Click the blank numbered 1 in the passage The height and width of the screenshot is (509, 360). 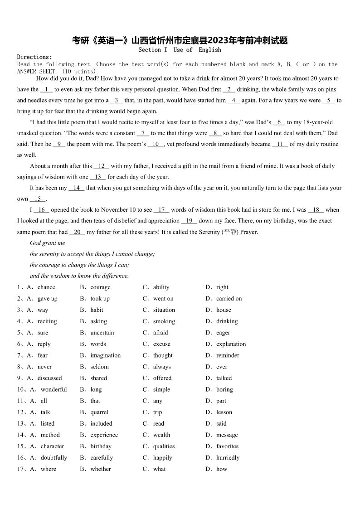46,90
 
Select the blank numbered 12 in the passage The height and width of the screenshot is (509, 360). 101,166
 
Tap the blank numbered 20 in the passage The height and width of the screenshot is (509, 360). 77,232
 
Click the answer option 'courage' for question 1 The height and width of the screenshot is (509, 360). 100,287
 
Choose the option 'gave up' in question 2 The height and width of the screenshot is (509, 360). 48,299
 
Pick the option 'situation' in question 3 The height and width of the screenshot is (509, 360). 164,310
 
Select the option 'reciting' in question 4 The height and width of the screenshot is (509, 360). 47,321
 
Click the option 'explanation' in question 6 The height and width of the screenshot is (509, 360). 231,344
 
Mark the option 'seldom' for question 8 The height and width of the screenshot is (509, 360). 99,367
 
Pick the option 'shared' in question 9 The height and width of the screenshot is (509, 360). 98,378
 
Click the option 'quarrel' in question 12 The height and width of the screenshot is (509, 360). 99,412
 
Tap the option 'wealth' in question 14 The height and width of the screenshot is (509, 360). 161,435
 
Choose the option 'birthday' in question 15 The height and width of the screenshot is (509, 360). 101,446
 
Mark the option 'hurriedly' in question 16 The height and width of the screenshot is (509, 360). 228,458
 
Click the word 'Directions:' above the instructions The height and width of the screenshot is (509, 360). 34,57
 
